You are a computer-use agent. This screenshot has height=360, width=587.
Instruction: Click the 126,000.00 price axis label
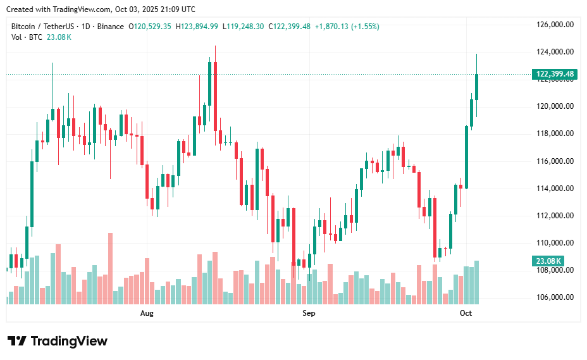(555, 25)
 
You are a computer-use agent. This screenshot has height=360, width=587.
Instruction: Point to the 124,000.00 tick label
(555, 52)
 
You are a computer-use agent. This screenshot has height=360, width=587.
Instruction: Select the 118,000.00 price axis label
(555, 133)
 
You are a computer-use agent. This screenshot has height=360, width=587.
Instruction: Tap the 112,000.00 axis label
(555, 216)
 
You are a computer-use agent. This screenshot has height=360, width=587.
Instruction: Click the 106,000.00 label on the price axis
(555, 297)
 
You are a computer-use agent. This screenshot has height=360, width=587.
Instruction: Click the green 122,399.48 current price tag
(555, 74)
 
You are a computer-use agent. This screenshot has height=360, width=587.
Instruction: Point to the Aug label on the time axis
(147, 313)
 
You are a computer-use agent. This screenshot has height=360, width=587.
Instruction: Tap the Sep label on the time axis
(309, 313)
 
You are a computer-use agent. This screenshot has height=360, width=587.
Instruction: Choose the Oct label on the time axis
(466, 313)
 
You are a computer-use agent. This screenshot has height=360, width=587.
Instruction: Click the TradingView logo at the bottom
(58, 341)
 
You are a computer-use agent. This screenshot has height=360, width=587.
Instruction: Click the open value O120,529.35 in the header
(150, 27)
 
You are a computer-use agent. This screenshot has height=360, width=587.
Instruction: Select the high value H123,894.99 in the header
(197, 27)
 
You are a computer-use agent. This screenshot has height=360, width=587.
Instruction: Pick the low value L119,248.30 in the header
(243, 27)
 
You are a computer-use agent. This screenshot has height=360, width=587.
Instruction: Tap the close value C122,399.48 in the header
(289, 27)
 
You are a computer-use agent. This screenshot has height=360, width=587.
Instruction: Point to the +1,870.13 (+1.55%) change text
(347, 27)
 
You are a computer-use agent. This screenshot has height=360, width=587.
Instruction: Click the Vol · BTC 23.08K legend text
(41, 37)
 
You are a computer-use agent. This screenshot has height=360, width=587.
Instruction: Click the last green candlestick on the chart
(476, 87)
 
